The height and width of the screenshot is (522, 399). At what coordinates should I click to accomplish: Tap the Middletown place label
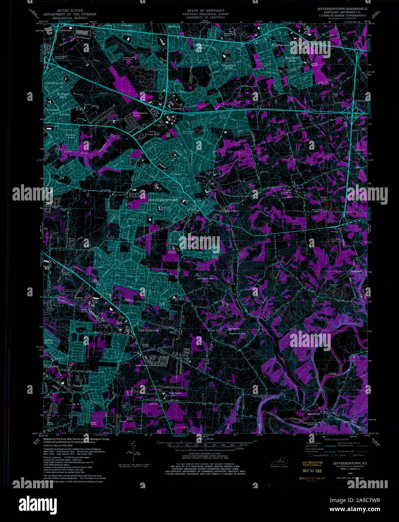click(x=281, y=45)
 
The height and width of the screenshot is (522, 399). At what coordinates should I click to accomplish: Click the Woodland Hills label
click(x=292, y=59)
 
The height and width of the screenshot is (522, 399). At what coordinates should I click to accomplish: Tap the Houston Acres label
click(x=71, y=136)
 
